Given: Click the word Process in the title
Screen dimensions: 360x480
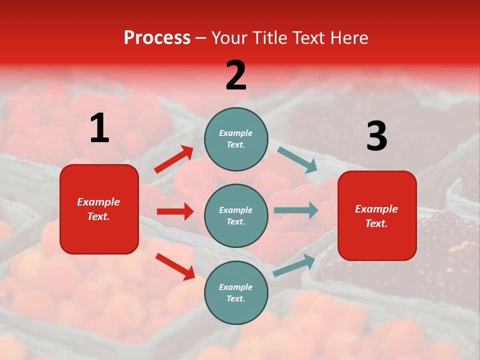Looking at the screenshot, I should [157, 38].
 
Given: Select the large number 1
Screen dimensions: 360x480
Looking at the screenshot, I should [99, 128].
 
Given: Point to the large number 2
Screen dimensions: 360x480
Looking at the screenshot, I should [236, 75].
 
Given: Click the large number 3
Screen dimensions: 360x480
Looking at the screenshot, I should [376, 136].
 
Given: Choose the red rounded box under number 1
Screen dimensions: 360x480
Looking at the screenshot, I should [99, 209].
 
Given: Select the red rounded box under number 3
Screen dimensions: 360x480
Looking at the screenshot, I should [377, 215].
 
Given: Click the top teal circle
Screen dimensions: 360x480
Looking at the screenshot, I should [236, 138].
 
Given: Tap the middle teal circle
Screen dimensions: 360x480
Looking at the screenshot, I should [236, 215].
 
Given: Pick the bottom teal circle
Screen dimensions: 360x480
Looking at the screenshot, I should [236, 292].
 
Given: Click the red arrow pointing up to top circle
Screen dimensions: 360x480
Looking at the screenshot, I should [174, 159].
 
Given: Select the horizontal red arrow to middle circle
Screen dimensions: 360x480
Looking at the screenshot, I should [175, 211].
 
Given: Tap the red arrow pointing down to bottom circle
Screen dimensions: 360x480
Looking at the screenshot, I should [175, 266].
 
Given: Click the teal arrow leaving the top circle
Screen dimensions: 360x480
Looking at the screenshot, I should [297, 160].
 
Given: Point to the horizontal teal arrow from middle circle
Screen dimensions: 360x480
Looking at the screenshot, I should [296, 210].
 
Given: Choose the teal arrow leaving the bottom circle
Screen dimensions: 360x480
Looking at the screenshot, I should [294, 265].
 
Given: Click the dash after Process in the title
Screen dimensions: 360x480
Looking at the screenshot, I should [201, 38].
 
